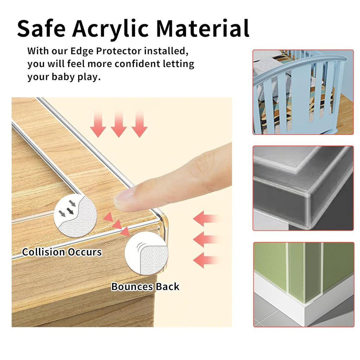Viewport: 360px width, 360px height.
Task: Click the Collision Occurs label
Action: [x=62, y=252]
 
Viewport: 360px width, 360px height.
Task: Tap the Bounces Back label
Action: [x=145, y=287]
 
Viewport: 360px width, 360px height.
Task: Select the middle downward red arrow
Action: [x=119, y=125]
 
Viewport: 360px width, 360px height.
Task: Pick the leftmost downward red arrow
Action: [x=98, y=125]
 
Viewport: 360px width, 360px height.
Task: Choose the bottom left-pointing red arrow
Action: [x=206, y=261]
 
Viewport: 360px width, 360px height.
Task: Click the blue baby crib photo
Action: [x=303, y=92]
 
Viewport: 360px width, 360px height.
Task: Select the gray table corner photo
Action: [x=303, y=188]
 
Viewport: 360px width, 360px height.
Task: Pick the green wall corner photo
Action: [x=303, y=284]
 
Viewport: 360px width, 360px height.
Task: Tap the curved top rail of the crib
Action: [x=299, y=65]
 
